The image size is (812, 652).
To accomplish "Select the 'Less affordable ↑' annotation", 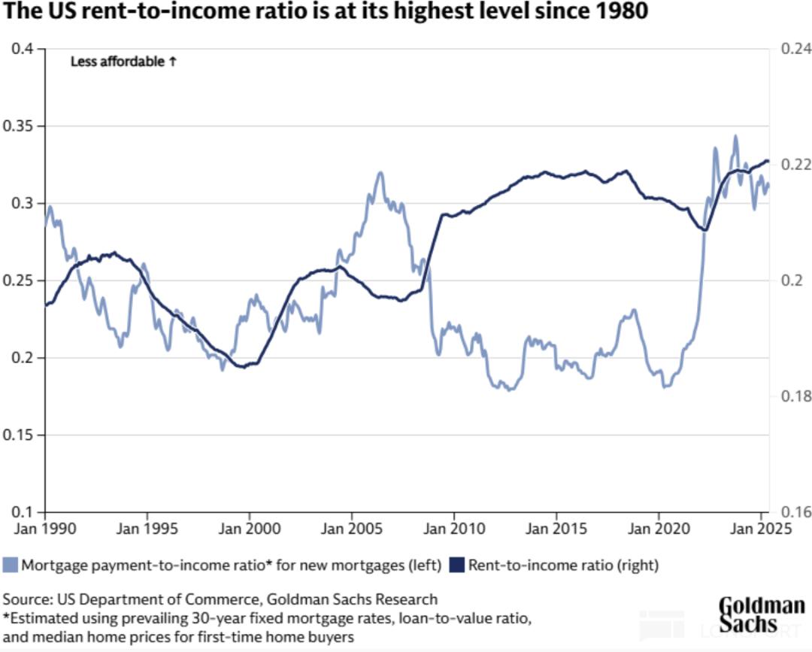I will tap(123, 62).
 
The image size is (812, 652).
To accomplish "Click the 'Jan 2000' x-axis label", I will tap(249, 529).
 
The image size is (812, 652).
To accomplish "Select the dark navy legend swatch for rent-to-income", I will tap(456, 564).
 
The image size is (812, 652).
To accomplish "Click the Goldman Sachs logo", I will tap(762, 614).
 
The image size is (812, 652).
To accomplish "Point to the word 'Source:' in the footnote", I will tap(26, 599).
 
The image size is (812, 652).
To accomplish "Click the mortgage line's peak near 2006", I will tap(380, 172).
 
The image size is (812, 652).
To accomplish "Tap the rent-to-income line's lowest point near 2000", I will tap(241, 366).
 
